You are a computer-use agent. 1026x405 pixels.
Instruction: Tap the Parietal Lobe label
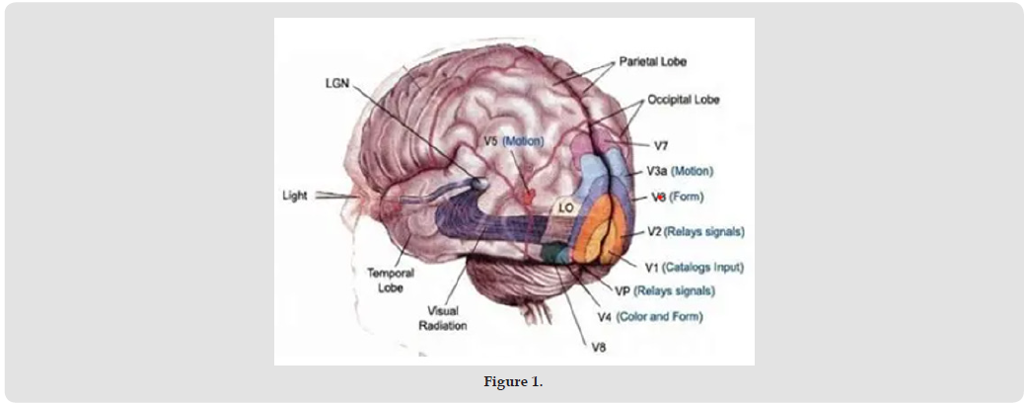652,62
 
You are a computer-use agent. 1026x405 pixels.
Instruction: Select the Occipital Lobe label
684,100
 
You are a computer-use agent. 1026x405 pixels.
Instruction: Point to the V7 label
662,145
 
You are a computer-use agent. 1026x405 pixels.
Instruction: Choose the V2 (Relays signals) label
696,232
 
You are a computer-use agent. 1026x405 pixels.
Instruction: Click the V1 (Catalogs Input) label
694,267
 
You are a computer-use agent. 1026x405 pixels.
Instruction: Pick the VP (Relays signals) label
664,291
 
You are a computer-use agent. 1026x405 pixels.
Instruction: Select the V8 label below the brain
599,346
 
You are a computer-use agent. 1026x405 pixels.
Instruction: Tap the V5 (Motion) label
514,141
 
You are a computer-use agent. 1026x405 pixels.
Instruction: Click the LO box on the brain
565,208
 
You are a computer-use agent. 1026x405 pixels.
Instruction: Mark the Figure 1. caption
512,382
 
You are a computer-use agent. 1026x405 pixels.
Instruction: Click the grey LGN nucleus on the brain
479,183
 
